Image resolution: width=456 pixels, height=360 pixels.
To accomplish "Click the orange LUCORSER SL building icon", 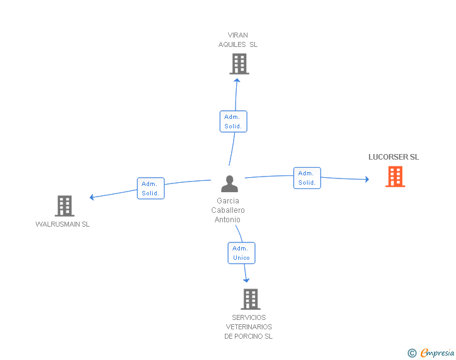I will pyautogui.click(x=395, y=177).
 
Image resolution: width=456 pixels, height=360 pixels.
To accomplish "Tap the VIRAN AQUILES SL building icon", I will pyautogui.click(x=239, y=64).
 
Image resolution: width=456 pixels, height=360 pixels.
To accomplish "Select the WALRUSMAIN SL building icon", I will pyautogui.click(x=65, y=205).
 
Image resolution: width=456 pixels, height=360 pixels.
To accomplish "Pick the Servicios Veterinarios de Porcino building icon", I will pyautogui.click(x=250, y=299).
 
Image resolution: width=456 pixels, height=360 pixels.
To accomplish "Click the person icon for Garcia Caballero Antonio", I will pyautogui.click(x=230, y=183).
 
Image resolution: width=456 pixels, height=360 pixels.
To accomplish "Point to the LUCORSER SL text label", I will pyautogui.click(x=393, y=157).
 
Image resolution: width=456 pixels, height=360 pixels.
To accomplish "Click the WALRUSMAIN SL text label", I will pyautogui.click(x=63, y=224).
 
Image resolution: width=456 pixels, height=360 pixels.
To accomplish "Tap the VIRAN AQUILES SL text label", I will pyautogui.click(x=238, y=40).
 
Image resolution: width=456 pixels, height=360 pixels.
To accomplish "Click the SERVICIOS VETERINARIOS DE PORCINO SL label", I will pyautogui.click(x=249, y=327).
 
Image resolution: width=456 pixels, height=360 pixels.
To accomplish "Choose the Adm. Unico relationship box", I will pyautogui.click(x=241, y=253).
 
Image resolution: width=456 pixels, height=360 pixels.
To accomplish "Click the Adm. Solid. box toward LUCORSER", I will pyautogui.click(x=307, y=178).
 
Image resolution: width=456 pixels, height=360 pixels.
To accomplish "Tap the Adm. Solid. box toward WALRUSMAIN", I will pyautogui.click(x=150, y=188).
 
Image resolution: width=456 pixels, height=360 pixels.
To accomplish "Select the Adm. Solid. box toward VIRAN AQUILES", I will pyautogui.click(x=233, y=121).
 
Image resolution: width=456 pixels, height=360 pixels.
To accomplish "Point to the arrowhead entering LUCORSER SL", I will pyautogui.click(x=366, y=180).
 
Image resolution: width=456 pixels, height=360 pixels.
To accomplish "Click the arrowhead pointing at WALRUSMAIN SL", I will pyautogui.click(x=92, y=197).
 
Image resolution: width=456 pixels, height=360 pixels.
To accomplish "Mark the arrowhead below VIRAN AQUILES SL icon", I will pyautogui.click(x=237, y=80).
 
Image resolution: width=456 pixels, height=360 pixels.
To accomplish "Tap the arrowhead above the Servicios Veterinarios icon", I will pyautogui.click(x=246, y=280).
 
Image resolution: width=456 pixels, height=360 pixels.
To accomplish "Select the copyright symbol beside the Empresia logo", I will pyautogui.click(x=412, y=354).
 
